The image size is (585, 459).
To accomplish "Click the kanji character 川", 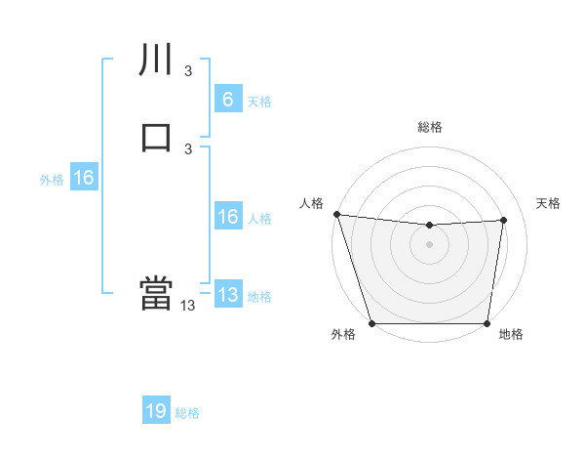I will [x=156, y=60].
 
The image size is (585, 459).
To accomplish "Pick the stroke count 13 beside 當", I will [x=187, y=306].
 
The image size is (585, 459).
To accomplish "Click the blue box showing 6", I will [x=227, y=99].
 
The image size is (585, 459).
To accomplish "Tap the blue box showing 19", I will [x=156, y=411].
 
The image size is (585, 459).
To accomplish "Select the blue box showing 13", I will [x=227, y=295].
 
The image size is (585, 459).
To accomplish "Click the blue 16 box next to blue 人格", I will [x=227, y=217].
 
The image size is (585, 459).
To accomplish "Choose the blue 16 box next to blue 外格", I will [x=84, y=178].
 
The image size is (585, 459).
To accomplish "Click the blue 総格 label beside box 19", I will [x=187, y=413].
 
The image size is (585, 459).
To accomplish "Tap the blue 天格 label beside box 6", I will [x=259, y=102].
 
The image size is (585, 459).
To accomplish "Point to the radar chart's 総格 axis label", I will [x=430, y=127].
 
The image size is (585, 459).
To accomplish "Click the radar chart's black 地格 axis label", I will [x=511, y=335].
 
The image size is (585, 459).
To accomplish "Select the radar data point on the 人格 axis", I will [x=336, y=214].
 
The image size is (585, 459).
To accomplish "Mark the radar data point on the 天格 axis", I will [x=504, y=220].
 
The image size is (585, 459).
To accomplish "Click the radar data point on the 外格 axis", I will [x=371, y=323].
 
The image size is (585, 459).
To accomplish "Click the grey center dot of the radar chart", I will [x=430, y=244].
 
